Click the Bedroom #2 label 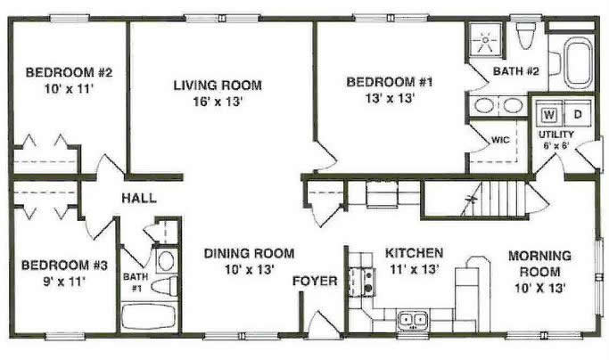(69, 72)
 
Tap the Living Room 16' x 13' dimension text (218, 102)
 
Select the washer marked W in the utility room (549, 114)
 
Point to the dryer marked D (578, 114)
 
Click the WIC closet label (500, 139)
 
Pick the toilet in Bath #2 (526, 36)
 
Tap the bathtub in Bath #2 (579, 62)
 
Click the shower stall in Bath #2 (485, 39)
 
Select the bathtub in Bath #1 (149, 316)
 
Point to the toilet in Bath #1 (164, 286)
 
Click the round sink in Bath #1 (166, 260)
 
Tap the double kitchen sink (413, 320)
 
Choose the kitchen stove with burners (362, 282)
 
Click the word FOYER (315, 281)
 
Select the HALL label (139, 198)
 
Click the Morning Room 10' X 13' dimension (539, 288)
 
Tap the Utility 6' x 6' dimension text (556, 145)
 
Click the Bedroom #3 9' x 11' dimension (63, 282)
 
